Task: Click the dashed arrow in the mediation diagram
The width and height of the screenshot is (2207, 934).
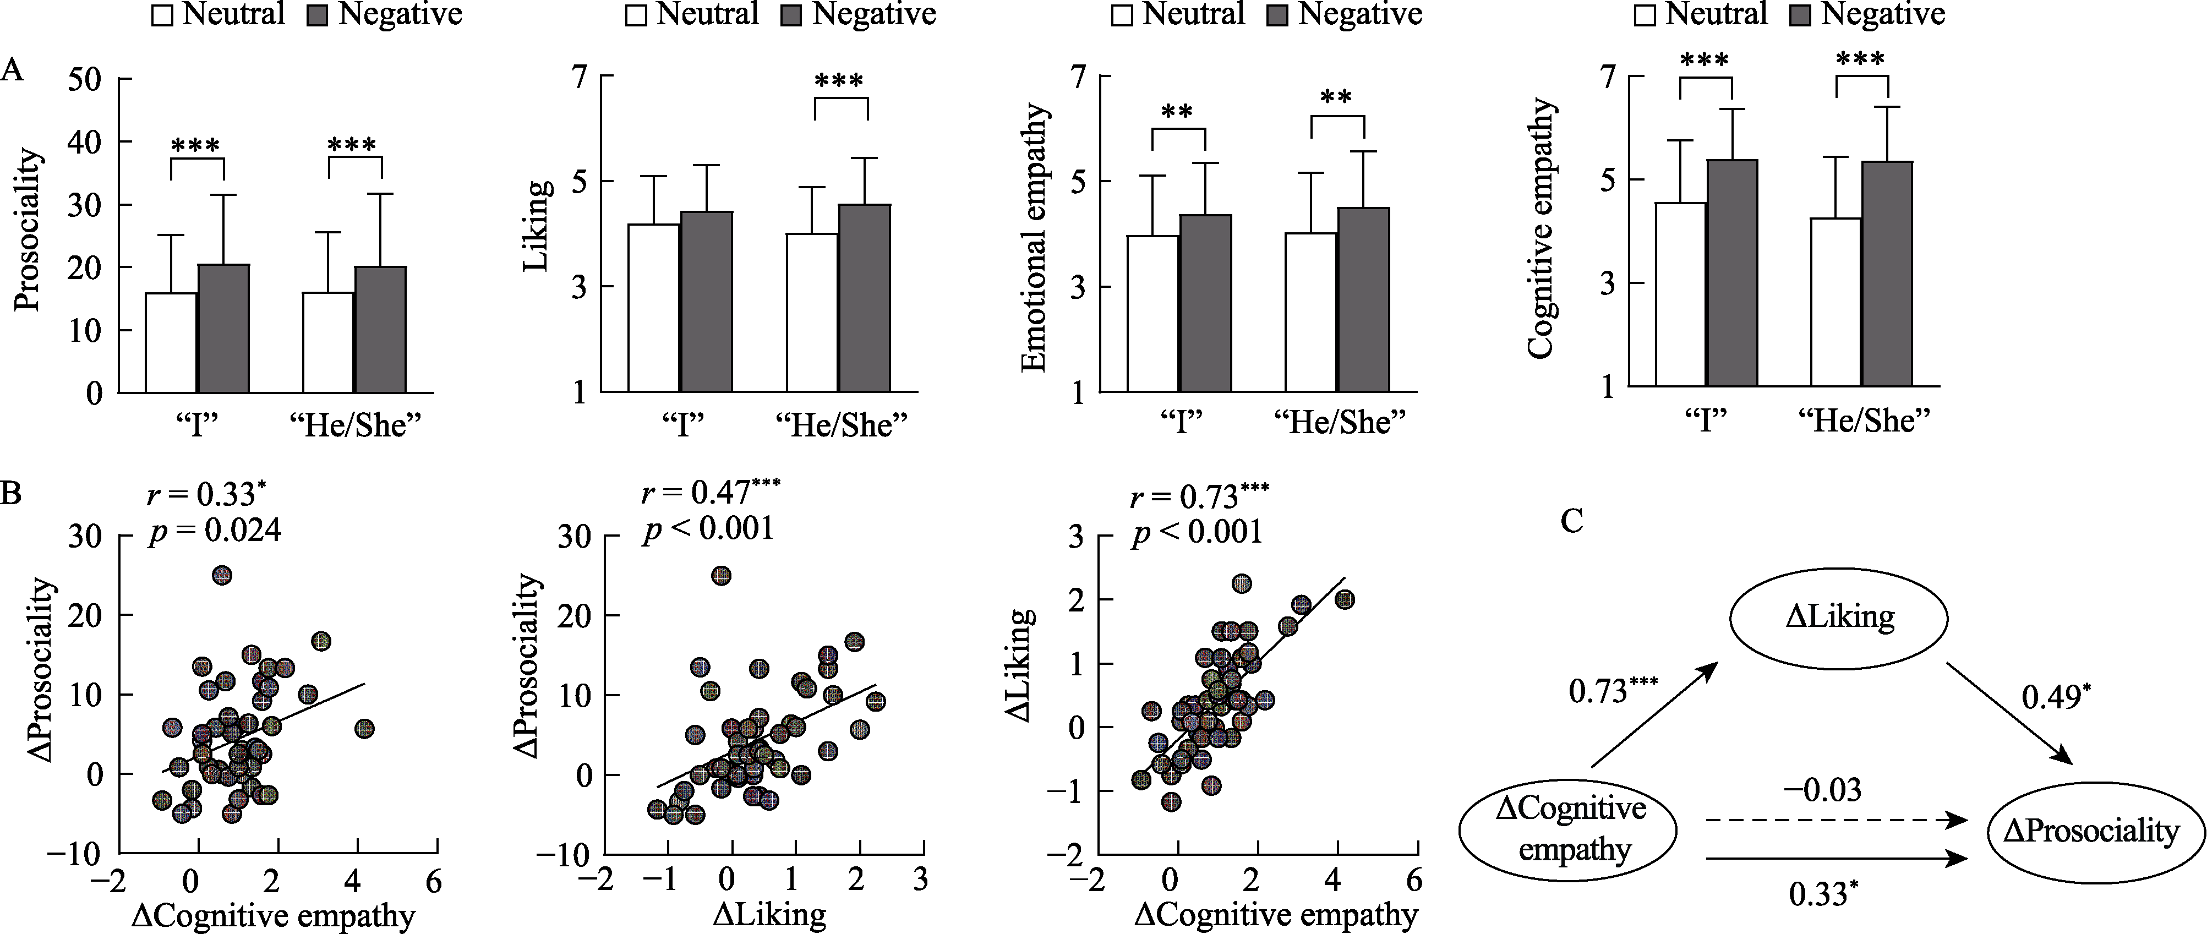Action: point(1833,821)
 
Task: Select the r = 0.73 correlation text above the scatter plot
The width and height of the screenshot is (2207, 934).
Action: point(1199,497)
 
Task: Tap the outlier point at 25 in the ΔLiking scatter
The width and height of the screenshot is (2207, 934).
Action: point(722,576)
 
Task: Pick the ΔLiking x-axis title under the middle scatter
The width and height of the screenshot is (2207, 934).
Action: point(768,915)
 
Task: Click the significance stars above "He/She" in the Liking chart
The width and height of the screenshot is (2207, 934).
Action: point(840,82)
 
